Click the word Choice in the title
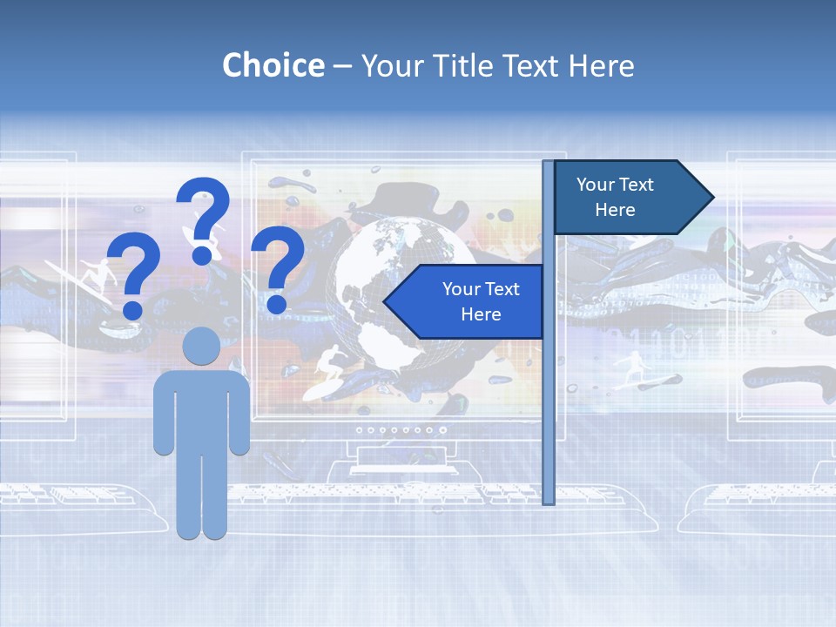pos(273,65)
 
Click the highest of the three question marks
pos(203,218)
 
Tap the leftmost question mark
pos(133,277)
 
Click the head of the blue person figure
pos(202,346)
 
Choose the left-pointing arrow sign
pos(466,301)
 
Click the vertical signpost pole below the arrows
pos(549,418)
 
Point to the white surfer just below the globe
pos(329,363)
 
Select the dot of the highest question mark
pos(202,255)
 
